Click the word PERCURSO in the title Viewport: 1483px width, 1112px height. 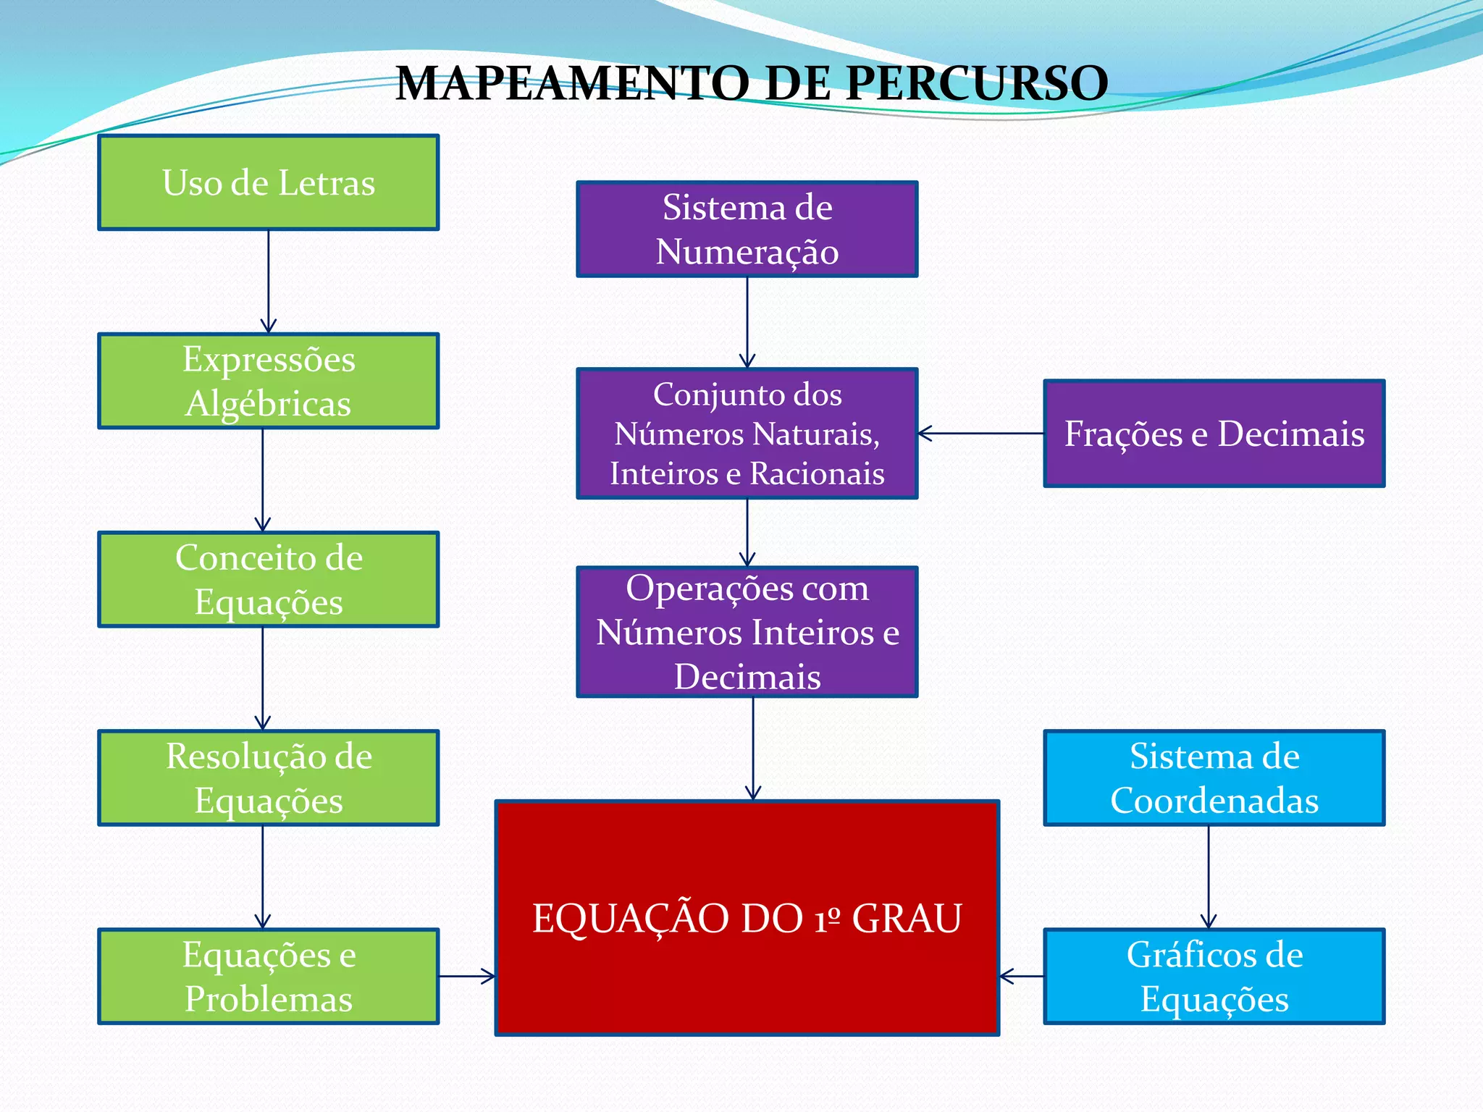[976, 83]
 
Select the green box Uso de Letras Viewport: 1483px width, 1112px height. [269, 182]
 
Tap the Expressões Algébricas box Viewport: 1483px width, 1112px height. [269, 381]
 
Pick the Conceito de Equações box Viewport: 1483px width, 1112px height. [269, 579]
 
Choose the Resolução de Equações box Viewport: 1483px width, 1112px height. [269, 778]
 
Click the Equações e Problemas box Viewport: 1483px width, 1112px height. [269, 976]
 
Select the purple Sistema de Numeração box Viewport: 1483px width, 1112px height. [747, 229]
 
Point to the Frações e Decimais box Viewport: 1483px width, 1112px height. [1214, 434]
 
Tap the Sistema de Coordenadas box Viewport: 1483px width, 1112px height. [1214, 778]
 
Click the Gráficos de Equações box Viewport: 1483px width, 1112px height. [1214, 976]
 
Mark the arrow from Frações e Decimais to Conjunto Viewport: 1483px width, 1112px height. [980, 434]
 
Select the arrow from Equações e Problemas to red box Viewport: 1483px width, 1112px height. [467, 976]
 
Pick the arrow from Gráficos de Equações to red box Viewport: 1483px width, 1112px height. [1022, 976]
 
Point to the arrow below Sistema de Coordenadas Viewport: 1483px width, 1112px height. [1209, 877]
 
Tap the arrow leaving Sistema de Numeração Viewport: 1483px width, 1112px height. [747, 322]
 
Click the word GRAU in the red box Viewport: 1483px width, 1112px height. [907, 919]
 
